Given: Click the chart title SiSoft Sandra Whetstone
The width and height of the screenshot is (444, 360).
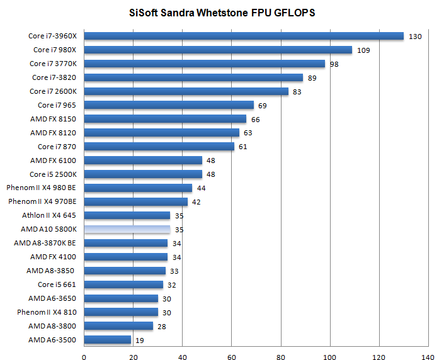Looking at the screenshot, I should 221,13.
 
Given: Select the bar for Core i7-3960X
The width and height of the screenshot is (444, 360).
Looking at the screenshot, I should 243,36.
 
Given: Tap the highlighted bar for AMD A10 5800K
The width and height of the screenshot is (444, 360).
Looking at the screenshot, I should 127,230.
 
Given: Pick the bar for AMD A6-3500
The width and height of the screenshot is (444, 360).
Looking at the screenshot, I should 107,340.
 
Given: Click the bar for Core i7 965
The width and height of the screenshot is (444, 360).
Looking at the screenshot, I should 168,105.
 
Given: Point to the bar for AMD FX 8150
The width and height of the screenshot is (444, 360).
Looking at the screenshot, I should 164,119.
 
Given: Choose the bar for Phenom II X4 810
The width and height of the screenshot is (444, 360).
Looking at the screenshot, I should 120,312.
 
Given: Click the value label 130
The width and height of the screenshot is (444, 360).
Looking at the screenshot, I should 415,37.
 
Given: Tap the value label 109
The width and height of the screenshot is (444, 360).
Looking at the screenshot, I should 363,50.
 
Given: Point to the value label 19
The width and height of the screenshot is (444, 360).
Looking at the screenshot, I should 140,340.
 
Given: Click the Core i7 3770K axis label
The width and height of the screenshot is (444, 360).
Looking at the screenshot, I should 53,64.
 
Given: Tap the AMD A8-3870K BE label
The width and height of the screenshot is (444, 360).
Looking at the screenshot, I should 47,243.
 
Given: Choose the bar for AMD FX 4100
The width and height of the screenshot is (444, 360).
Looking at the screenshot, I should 125,257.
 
